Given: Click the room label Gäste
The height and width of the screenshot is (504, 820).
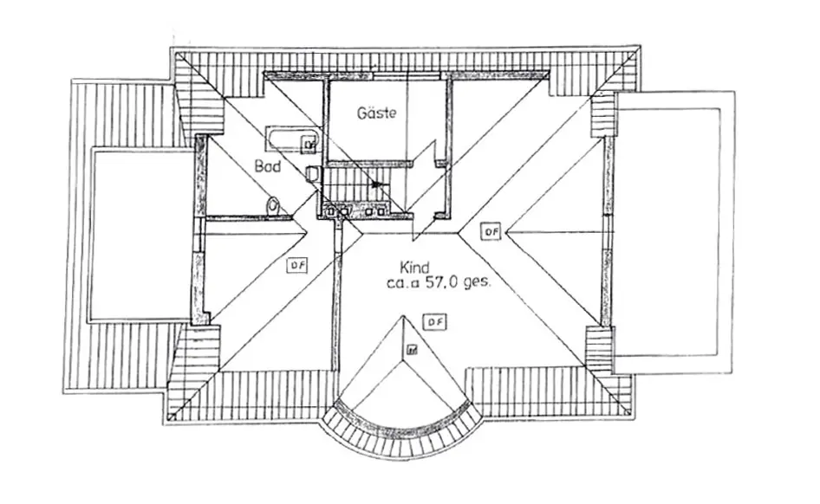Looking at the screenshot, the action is pyautogui.click(x=377, y=113).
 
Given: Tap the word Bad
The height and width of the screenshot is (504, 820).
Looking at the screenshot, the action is pyautogui.click(x=267, y=165).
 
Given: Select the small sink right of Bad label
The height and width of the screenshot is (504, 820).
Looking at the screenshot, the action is pyautogui.click(x=312, y=174).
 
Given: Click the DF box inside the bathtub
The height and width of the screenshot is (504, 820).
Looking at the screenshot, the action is pyautogui.click(x=308, y=143).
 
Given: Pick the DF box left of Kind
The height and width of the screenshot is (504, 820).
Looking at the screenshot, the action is pyautogui.click(x=296, y=266).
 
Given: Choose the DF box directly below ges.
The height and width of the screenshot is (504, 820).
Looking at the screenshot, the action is pyautogui.click(x=434, y=322).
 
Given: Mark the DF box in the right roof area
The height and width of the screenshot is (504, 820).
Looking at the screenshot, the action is pyautogui.click(x=491, y=231).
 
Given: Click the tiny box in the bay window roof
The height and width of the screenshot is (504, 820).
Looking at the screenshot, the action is pyautogui.click(x=412, y=351).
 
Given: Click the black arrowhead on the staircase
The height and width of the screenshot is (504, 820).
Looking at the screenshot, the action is pyautogui.click(x=374, y=184).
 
